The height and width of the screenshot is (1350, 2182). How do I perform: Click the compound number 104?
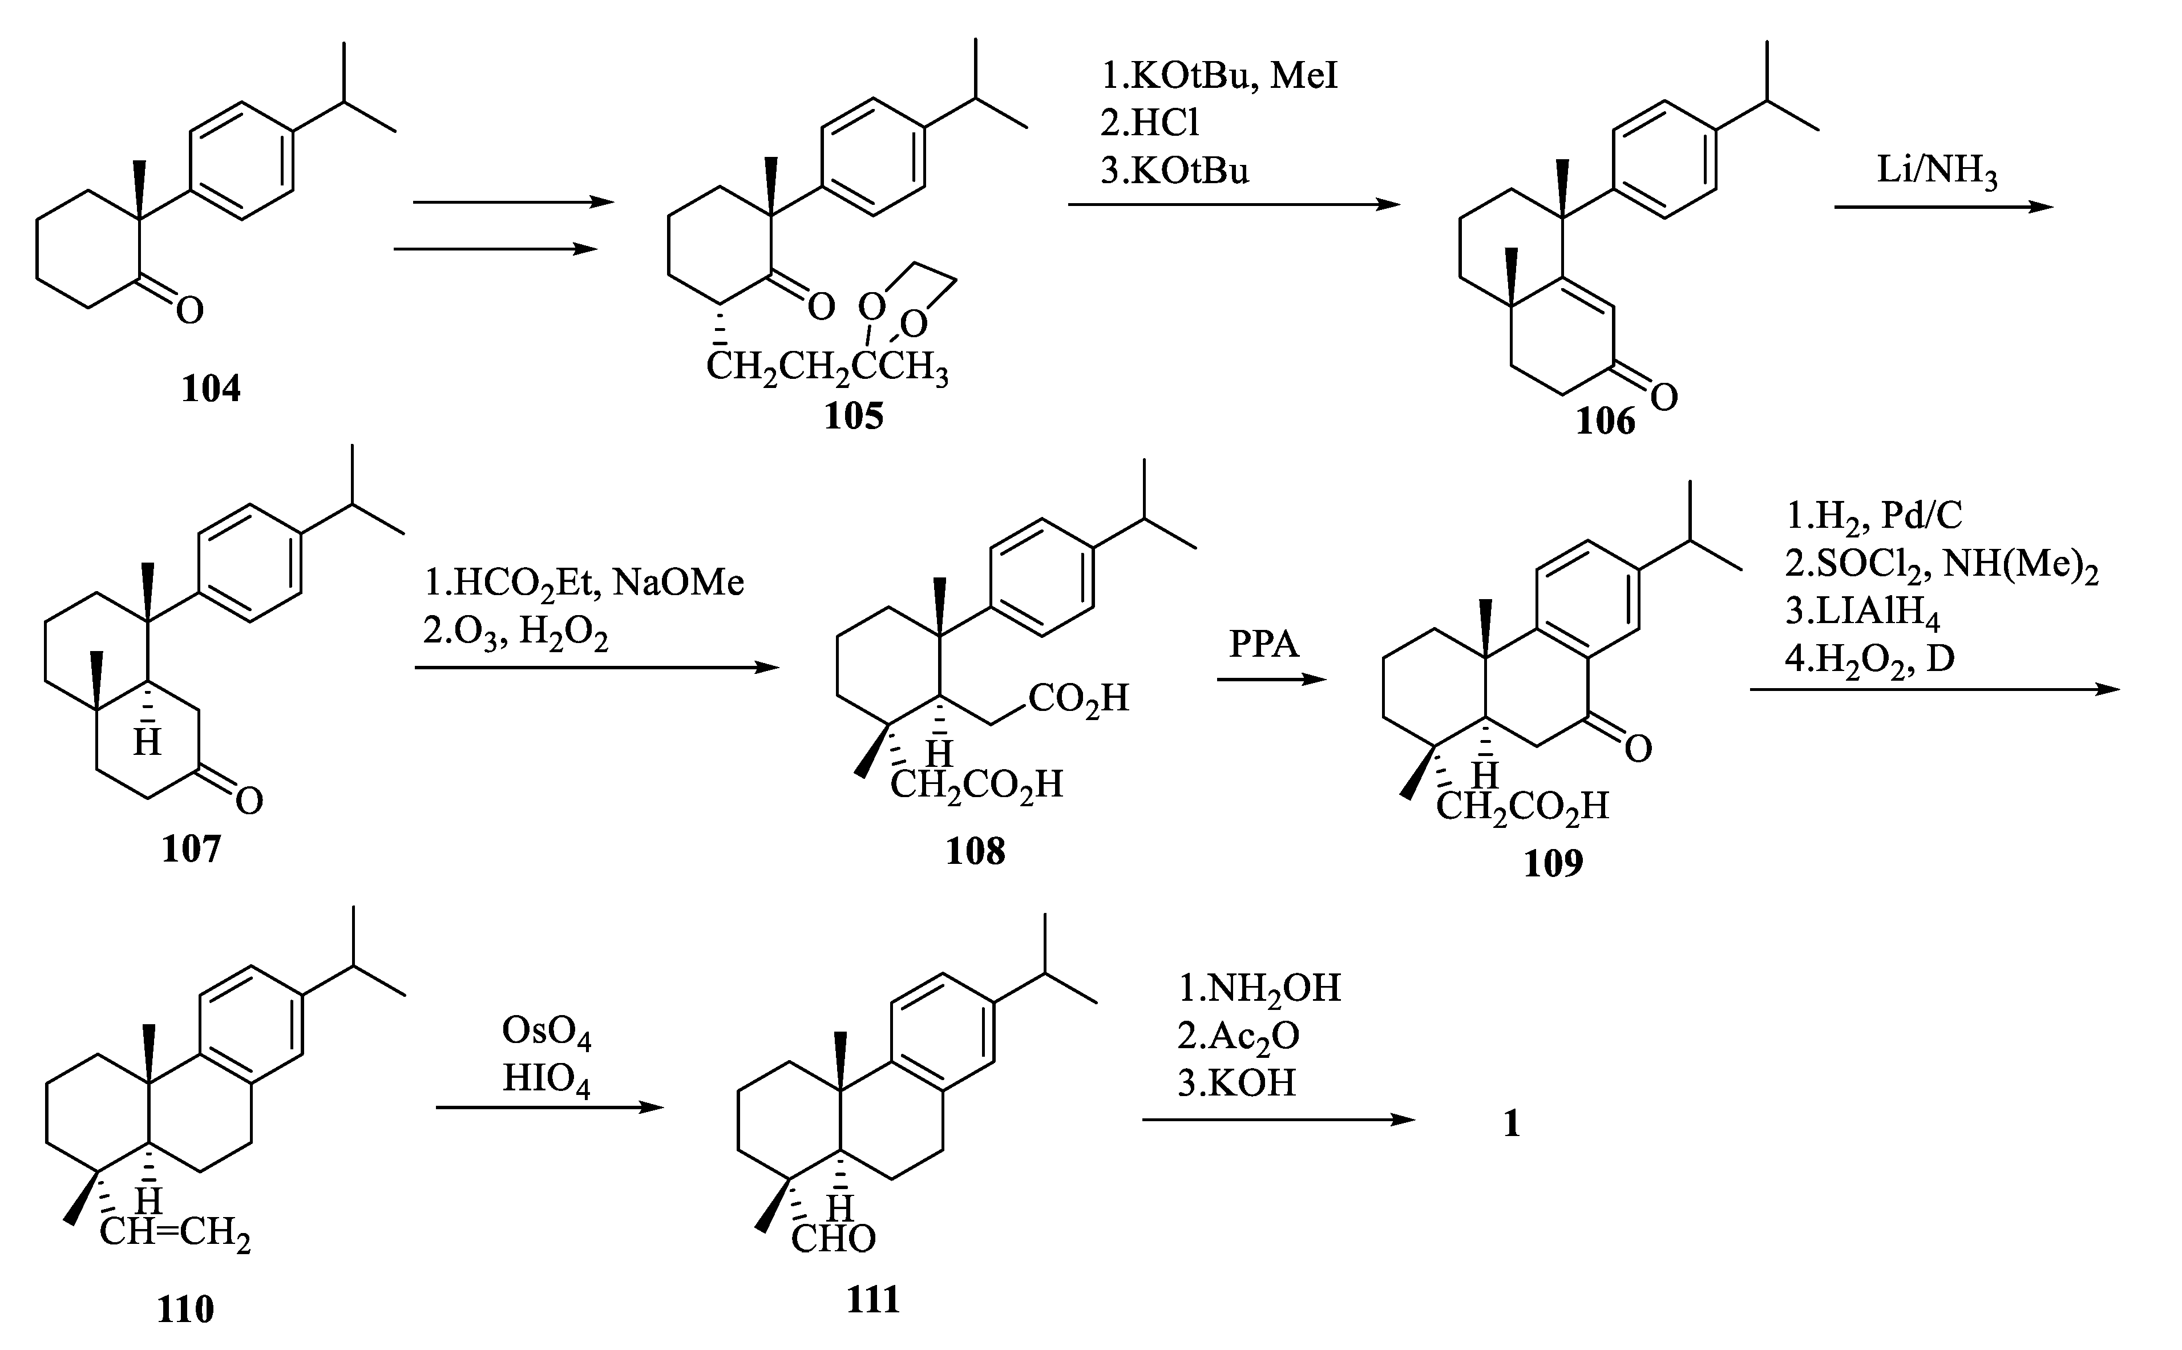coord(211,389)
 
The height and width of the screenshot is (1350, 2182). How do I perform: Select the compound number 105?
coord(854,416)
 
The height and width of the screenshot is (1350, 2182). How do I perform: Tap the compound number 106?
coord(1605,421)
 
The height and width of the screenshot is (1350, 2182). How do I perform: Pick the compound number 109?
coord(1553,863)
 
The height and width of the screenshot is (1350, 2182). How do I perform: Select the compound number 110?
coord(185,1309)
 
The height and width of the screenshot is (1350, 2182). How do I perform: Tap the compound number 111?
coord(873,1299)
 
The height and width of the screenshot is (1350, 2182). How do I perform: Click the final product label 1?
coord(1512,1123)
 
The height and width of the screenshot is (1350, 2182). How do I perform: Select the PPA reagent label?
coord(1263,644)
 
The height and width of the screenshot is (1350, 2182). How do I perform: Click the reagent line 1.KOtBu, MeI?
coord(1219,77)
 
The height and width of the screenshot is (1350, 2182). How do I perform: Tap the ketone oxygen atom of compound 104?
coord(189,311)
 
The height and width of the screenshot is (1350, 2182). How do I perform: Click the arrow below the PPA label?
coord(1271,680)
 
